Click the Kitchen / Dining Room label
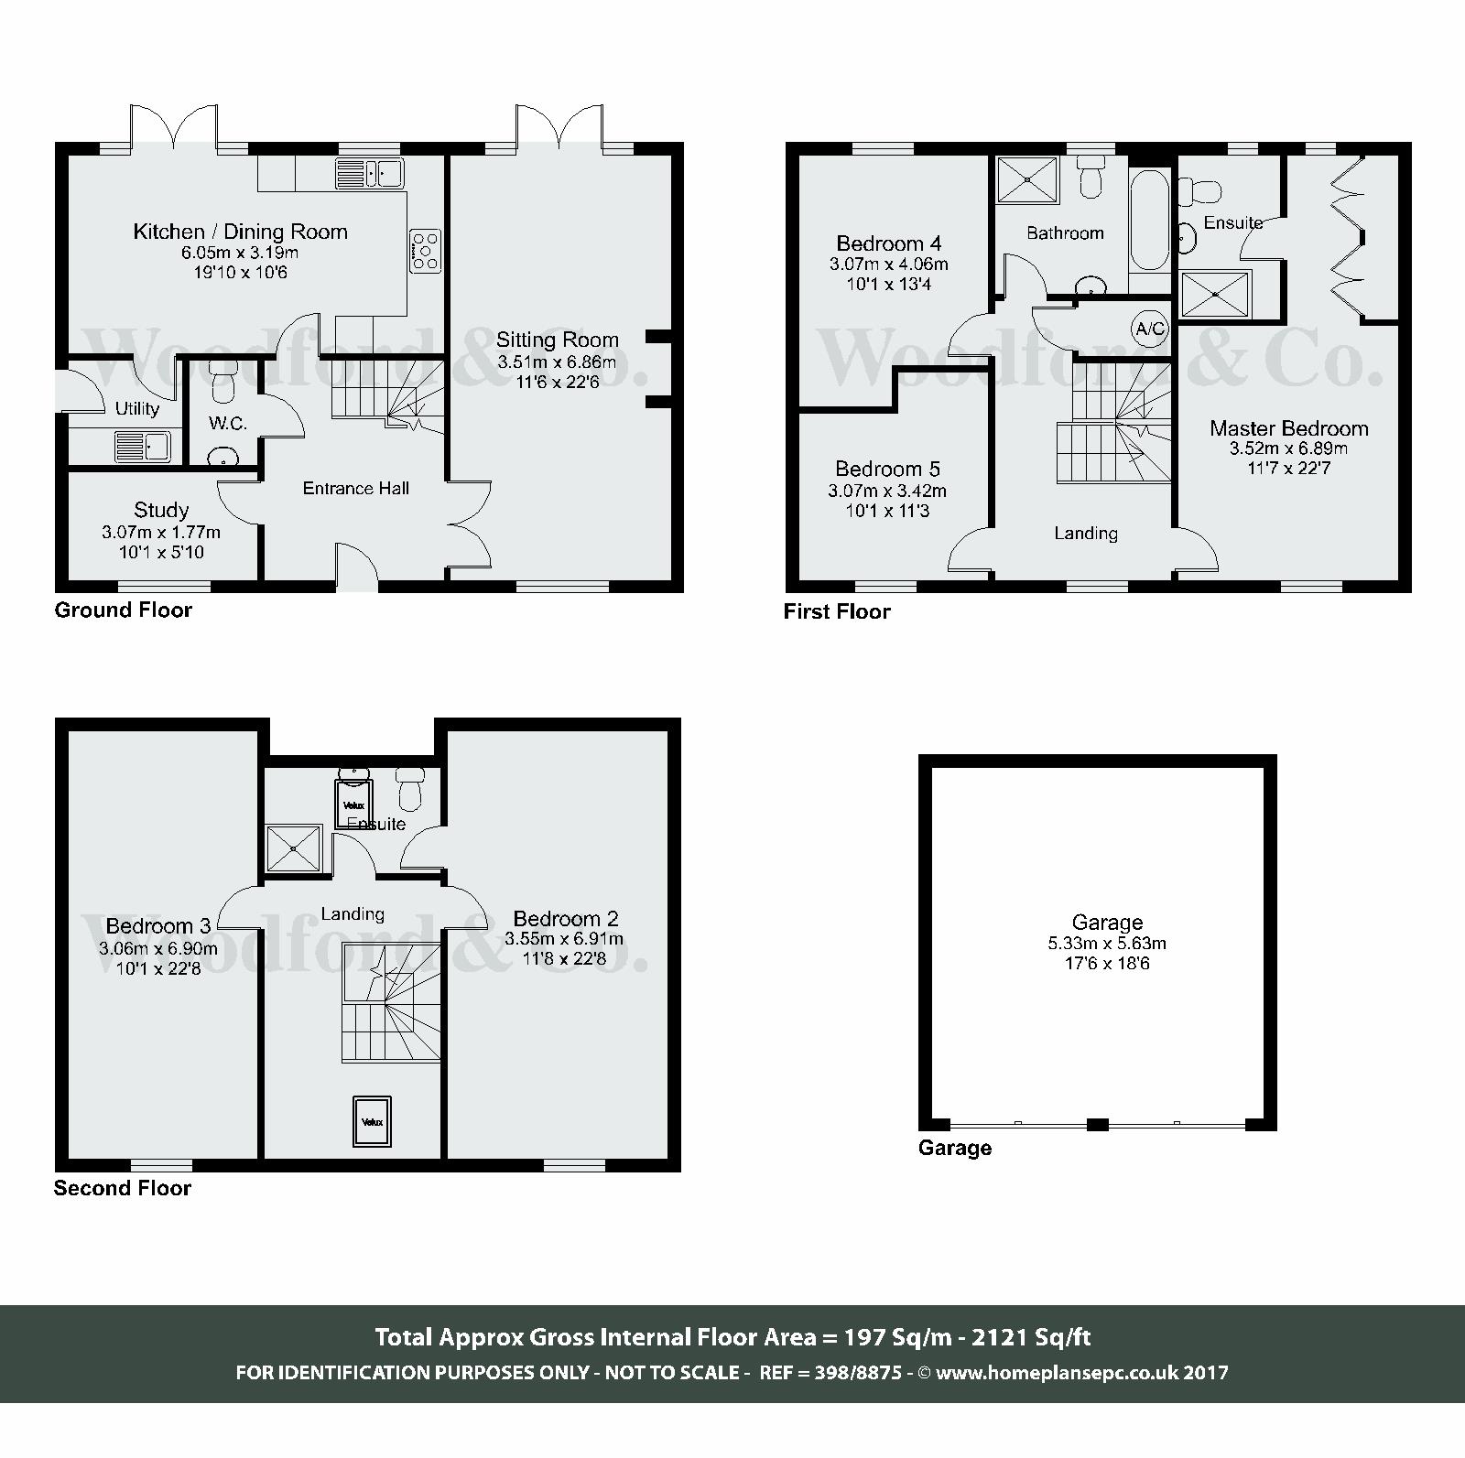pos(240,232)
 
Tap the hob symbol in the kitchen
pos(426,250)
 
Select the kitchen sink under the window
pos(370,172)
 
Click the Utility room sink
pos(142,447)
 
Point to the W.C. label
pos(227,424)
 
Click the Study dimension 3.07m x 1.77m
pos(161,532)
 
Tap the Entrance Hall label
pos(355,489)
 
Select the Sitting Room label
pos(557,340)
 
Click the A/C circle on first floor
pos(1149,329)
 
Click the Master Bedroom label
pos(1288,428)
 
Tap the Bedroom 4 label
pos(888,243)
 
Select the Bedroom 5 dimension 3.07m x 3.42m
pos(887,491)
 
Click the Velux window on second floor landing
pos(372,1121)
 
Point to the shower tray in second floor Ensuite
pos(293,848)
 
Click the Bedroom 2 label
pos(565,918)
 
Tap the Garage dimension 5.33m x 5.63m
pos(1107,943)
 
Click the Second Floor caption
pos(123,1188)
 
